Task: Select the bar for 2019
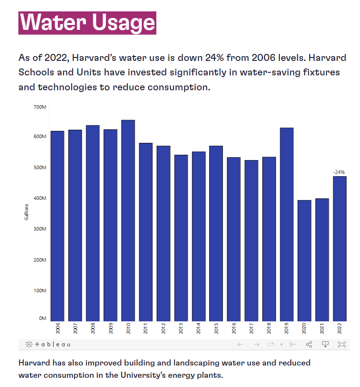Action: (x=286, y=224)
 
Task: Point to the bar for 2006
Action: (x=57, y=226)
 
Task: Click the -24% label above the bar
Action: (x=339, y=172)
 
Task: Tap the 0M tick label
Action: (x=42, y=318)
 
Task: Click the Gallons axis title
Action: (x=27, y=212)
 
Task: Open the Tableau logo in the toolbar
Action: (x=48, y=344)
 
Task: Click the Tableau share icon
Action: (x=309, y=344)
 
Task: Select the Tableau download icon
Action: (x=325, y=344)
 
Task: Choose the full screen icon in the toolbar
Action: (x=342, y=344)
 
